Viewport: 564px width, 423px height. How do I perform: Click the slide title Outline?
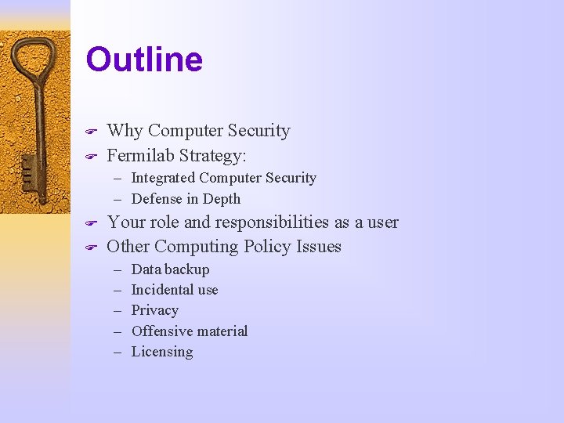point(144,60)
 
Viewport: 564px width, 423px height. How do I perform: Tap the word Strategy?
point(214,154)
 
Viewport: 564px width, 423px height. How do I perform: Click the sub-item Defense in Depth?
point(186,199)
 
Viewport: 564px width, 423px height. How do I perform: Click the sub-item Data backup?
point(170,269)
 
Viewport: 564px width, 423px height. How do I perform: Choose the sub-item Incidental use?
point(175,290)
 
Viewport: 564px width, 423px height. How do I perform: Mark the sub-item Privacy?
point(154,310)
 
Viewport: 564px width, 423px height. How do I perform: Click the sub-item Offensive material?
point(189,331)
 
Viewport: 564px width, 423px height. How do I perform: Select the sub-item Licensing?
point(161,352)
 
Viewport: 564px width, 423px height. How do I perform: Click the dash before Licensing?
point(117,352)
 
